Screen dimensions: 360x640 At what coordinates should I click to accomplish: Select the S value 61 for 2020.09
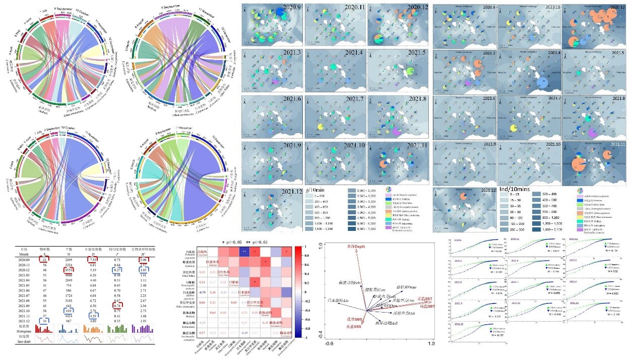[44, 259]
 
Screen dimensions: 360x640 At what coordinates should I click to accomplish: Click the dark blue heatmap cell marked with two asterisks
[244, 252]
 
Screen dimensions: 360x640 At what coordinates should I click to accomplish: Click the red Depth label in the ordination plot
[355, 246]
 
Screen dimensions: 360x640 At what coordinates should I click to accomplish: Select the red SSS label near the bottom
[355, 327]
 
